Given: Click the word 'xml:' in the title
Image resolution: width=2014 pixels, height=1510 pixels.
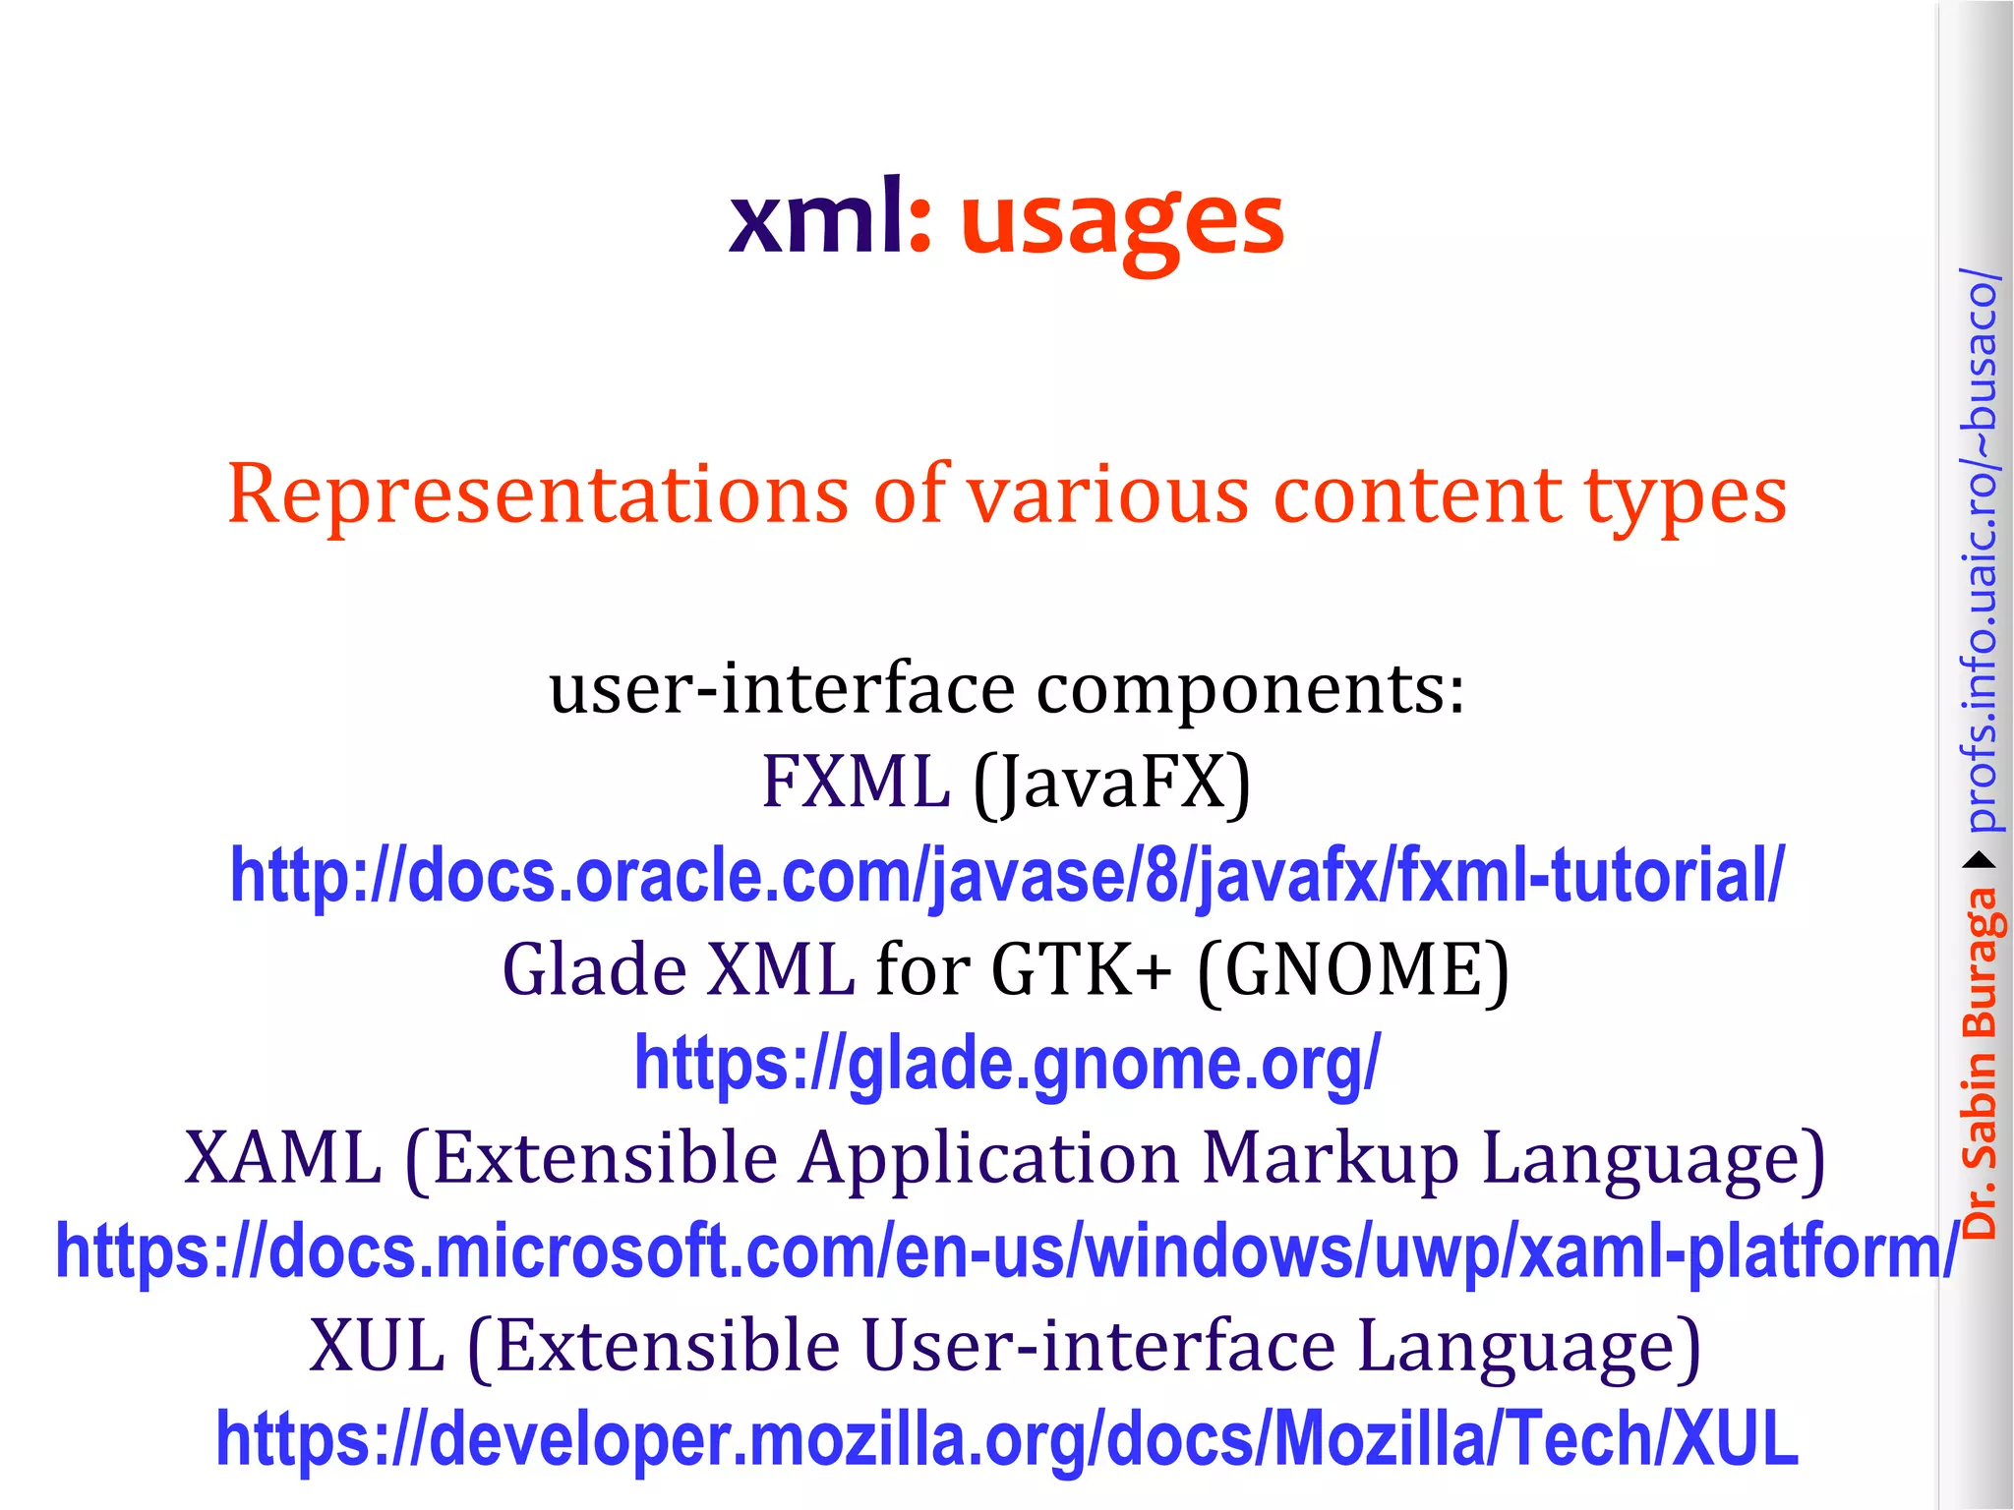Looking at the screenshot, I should [x=828, y=218].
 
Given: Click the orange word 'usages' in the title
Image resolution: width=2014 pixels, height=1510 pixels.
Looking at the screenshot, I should [x=1121, y=222].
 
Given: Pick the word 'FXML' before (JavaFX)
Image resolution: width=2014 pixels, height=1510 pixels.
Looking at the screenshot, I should [x=857, y=783].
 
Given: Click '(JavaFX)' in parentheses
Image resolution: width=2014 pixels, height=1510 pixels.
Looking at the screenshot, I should [x=1112, y=784].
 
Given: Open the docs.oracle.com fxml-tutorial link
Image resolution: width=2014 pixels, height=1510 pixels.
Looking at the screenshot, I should [x=1006, y=875].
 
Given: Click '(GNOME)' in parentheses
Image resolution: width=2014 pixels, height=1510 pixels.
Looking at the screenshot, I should [x=1353, y=971].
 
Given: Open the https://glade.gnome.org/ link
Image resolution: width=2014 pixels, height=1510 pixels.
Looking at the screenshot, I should [x=1006, y=1064].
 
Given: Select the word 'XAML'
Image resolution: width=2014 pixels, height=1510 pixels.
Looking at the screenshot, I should [x=283, y=1158].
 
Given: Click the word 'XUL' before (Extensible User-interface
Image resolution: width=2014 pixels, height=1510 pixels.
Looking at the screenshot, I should [x=377, y=1346].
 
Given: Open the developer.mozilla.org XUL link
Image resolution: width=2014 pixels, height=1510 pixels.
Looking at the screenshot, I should [x=1006, y=1439].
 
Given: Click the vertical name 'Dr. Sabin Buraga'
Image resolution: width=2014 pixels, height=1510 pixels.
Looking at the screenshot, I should [x=1980, y=1062].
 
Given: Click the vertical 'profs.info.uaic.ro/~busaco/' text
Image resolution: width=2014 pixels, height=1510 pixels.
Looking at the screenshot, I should [x=1980, y=551].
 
